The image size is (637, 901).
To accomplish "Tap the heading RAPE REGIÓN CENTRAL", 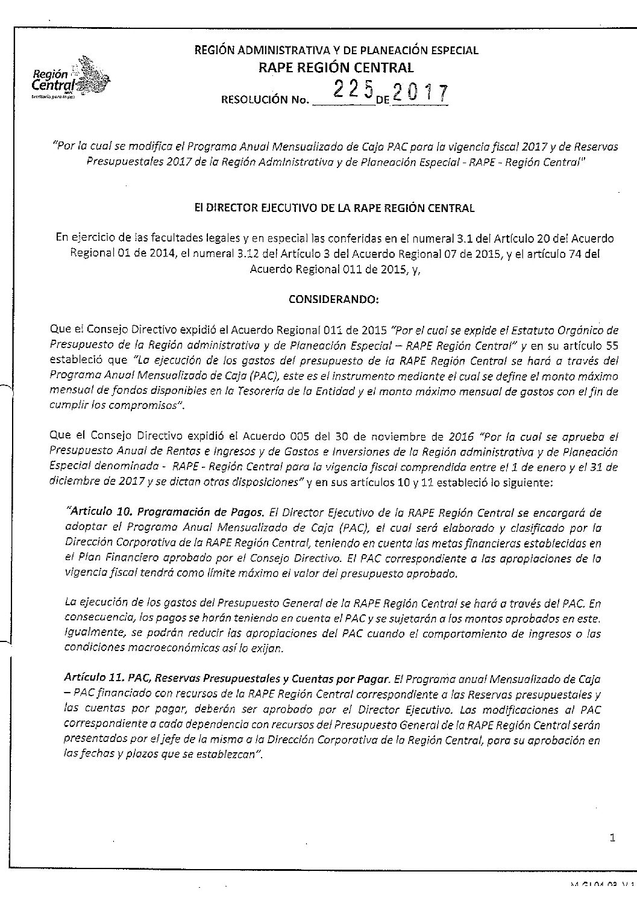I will click(336, 67).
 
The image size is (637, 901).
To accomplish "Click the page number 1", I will click(612, 837).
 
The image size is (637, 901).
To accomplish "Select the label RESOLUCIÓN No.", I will click(266, 100).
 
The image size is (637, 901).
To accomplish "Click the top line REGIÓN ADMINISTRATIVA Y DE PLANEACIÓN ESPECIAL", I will click(336, 51).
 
